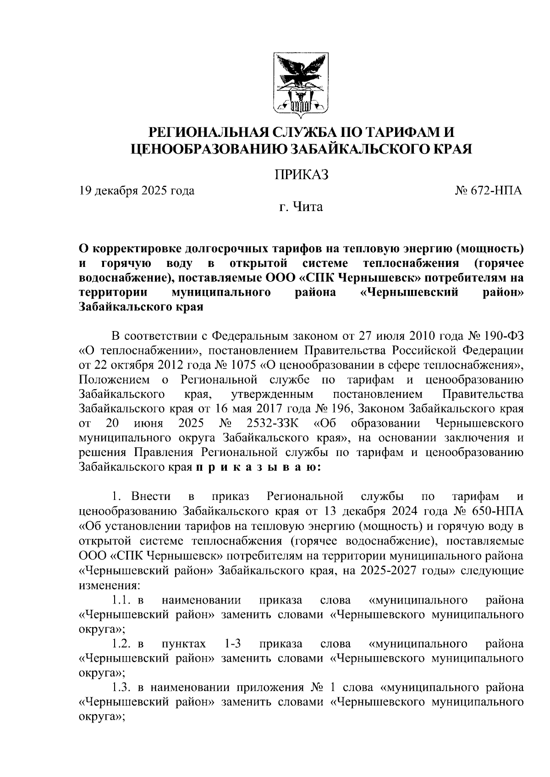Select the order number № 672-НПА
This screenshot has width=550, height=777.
tap(488, 190)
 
